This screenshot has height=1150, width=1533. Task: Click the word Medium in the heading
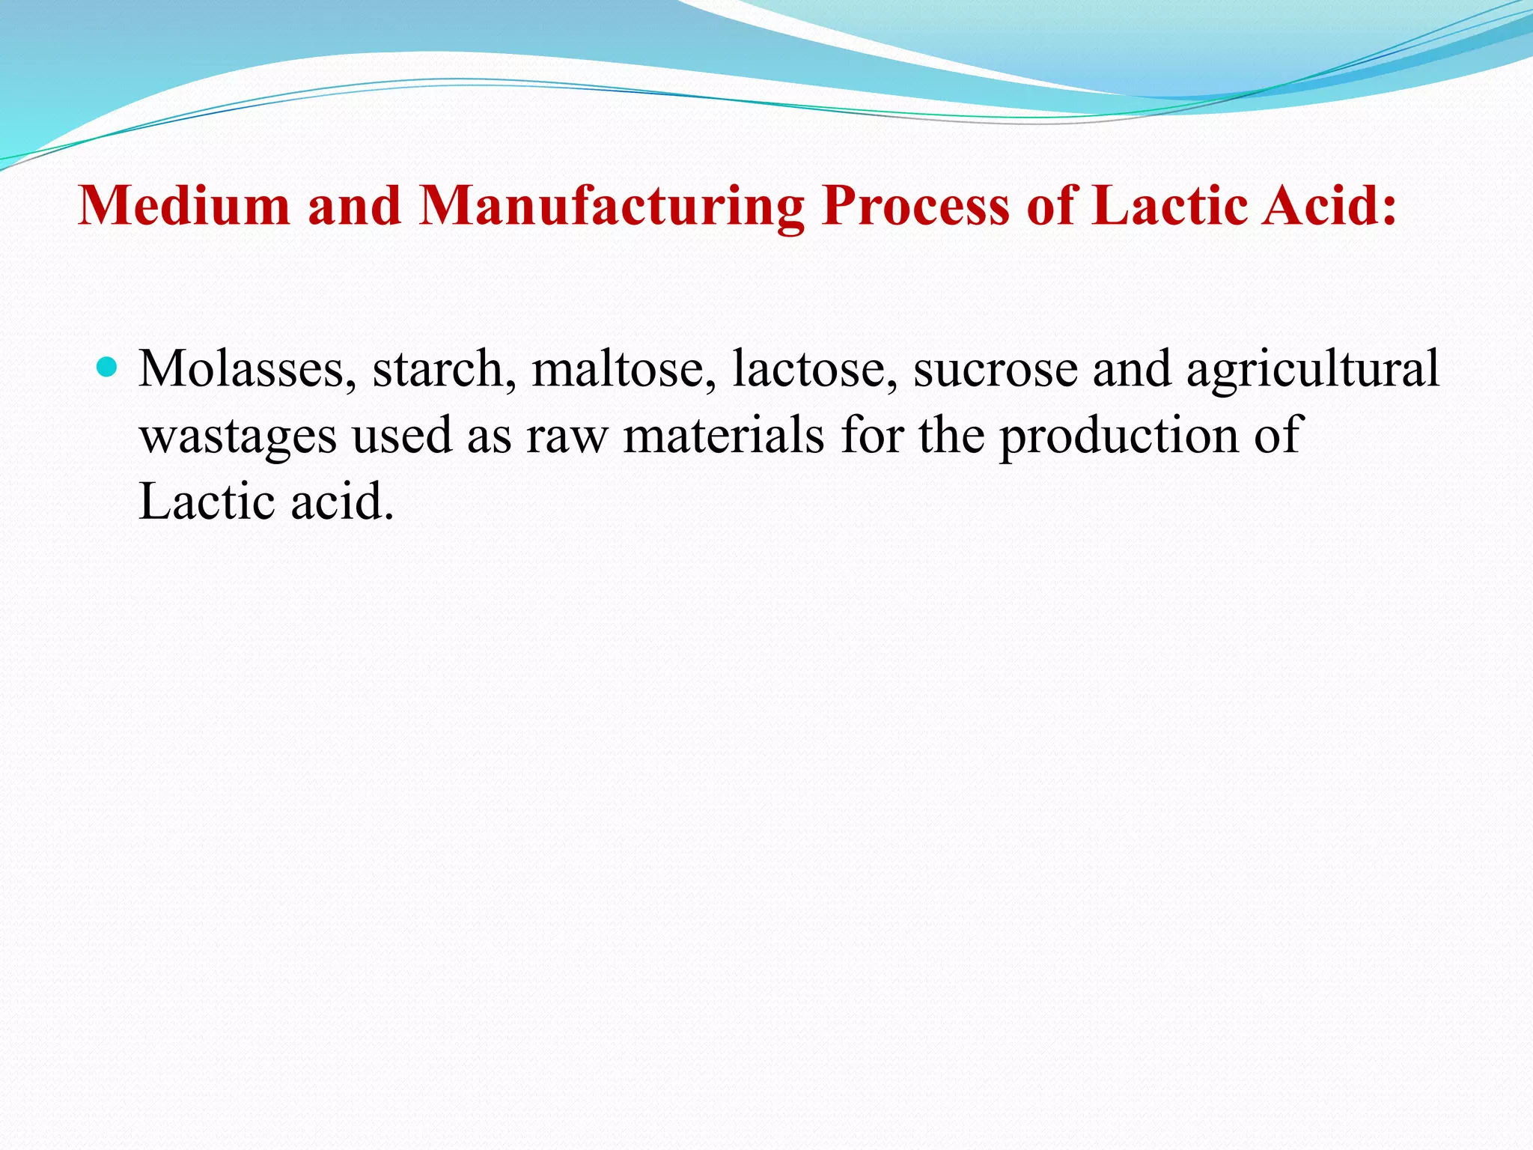tap(183, 205)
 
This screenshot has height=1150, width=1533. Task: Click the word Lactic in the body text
tap(207, 501)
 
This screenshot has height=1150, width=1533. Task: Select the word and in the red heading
tap(354, 205)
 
